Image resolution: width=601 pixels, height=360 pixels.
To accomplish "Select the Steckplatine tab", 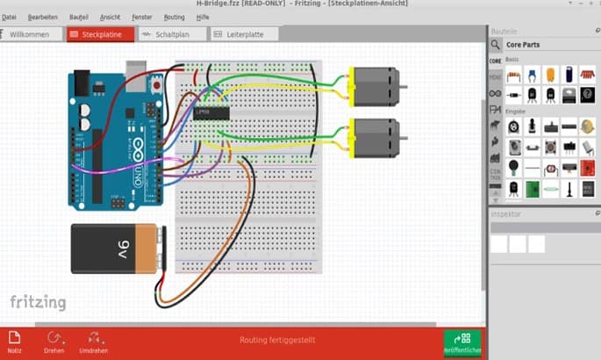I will pyautogui.click(x=100, y=35).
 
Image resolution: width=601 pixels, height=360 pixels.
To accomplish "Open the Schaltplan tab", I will pyautogui.click(x=173, y=35).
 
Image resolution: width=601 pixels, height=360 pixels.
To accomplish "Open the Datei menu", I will pyautogui.click(x=9, y=17).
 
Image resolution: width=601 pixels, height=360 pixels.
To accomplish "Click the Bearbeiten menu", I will pyautogui.click(x=42, y=17).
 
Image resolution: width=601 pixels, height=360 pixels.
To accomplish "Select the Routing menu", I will pyautogui.click(x=174, y=17).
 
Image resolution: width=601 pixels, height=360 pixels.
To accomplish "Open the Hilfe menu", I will pyautogui.click(x=203, y=17).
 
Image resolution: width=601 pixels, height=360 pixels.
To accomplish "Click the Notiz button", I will pyautogui.click(x=14, y=342).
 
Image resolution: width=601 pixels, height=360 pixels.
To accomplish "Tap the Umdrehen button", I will pyautogui.click(x=93, y=342).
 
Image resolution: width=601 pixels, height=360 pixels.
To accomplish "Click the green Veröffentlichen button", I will pyautogui.click(x=461, y=342).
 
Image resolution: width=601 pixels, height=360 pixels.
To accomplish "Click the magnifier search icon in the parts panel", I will pyautogui.click(x=496, y=45).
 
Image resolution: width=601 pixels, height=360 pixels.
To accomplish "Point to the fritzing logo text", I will pyautogui.click(x=38, y=302).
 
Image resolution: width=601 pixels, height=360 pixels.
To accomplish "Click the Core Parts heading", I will pyautogui.click(x=525, y=45).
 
